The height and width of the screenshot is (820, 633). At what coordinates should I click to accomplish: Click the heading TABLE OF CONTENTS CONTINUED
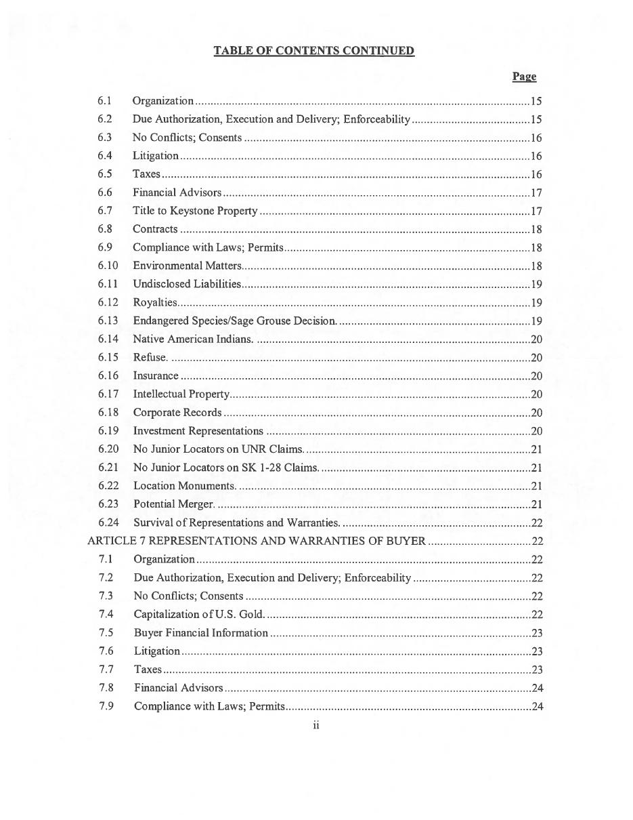313,51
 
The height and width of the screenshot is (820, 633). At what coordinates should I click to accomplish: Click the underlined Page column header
524,77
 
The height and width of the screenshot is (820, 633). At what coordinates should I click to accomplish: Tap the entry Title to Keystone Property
195,211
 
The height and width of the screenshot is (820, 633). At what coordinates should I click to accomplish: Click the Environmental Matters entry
187,266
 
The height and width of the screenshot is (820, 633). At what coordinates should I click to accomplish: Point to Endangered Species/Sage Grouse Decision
234,321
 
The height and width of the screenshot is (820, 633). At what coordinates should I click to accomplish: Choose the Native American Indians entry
193,339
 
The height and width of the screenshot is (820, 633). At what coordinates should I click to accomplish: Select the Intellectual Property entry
181,394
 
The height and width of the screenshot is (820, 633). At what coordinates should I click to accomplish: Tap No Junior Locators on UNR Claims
218,449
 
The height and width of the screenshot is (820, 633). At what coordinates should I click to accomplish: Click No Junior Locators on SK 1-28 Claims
225,467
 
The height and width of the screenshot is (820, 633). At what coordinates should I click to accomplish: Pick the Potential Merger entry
174,504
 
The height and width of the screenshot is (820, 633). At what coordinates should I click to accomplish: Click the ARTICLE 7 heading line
257,541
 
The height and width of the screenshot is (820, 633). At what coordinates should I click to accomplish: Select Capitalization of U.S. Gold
199,614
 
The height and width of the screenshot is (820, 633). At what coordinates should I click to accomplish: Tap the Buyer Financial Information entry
201,632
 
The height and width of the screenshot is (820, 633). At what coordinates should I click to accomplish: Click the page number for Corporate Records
536,413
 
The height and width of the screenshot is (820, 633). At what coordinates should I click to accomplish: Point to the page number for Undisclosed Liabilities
536,284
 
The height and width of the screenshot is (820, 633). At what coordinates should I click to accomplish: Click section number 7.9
106,706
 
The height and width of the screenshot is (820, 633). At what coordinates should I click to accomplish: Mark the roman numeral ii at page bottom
316,726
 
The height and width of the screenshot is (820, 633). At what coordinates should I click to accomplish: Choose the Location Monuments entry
184,486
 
